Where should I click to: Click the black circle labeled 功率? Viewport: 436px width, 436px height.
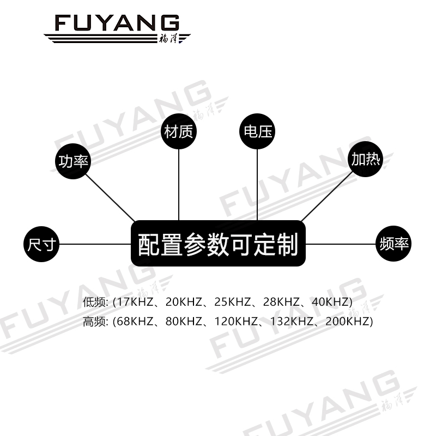pos(74,161)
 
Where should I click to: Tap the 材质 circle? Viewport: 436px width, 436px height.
pos(179,131)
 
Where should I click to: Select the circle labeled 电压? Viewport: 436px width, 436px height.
pos(257,131)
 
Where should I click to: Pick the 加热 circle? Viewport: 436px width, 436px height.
pos(366,160)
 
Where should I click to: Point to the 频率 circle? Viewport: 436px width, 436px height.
pos(393,244)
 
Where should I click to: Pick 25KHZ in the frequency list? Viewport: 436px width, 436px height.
pos(234,302)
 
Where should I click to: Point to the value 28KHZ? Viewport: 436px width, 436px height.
pos(283,302)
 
